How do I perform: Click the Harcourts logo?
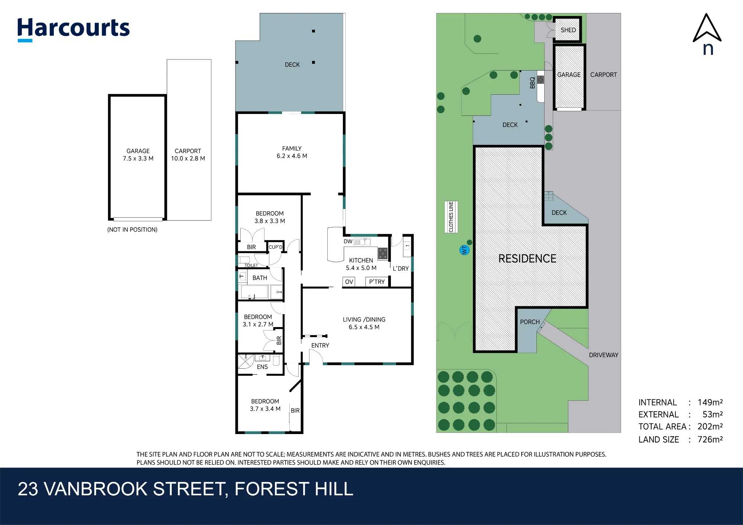(x=74, y=29)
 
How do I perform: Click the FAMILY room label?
(x=292, y=149)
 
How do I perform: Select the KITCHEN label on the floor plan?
(x=361, y=260)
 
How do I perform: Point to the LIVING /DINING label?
(x=364, y=319)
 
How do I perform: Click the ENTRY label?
(x=320, y=345)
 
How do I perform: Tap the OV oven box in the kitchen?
(x=349, y=282)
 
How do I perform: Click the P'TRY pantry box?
(x=377, y=282)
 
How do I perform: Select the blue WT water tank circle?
(x=464, y=250)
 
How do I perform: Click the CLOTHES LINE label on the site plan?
(x=451, y=217)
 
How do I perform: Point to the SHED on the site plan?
(x=568, y=29)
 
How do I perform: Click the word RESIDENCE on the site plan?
(x=527, y=258)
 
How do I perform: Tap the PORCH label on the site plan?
(x=530, y=322)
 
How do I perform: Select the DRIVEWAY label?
(x=603, y=355)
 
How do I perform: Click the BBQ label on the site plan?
(x=532, y=83)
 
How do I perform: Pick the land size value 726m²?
(x=710, y=439)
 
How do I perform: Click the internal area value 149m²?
(x=710, y=402)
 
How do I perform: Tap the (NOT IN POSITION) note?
(x=132, y=229)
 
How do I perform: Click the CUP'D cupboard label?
(x=275, y=247)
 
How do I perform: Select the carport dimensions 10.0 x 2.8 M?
(x=188, y=159)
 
